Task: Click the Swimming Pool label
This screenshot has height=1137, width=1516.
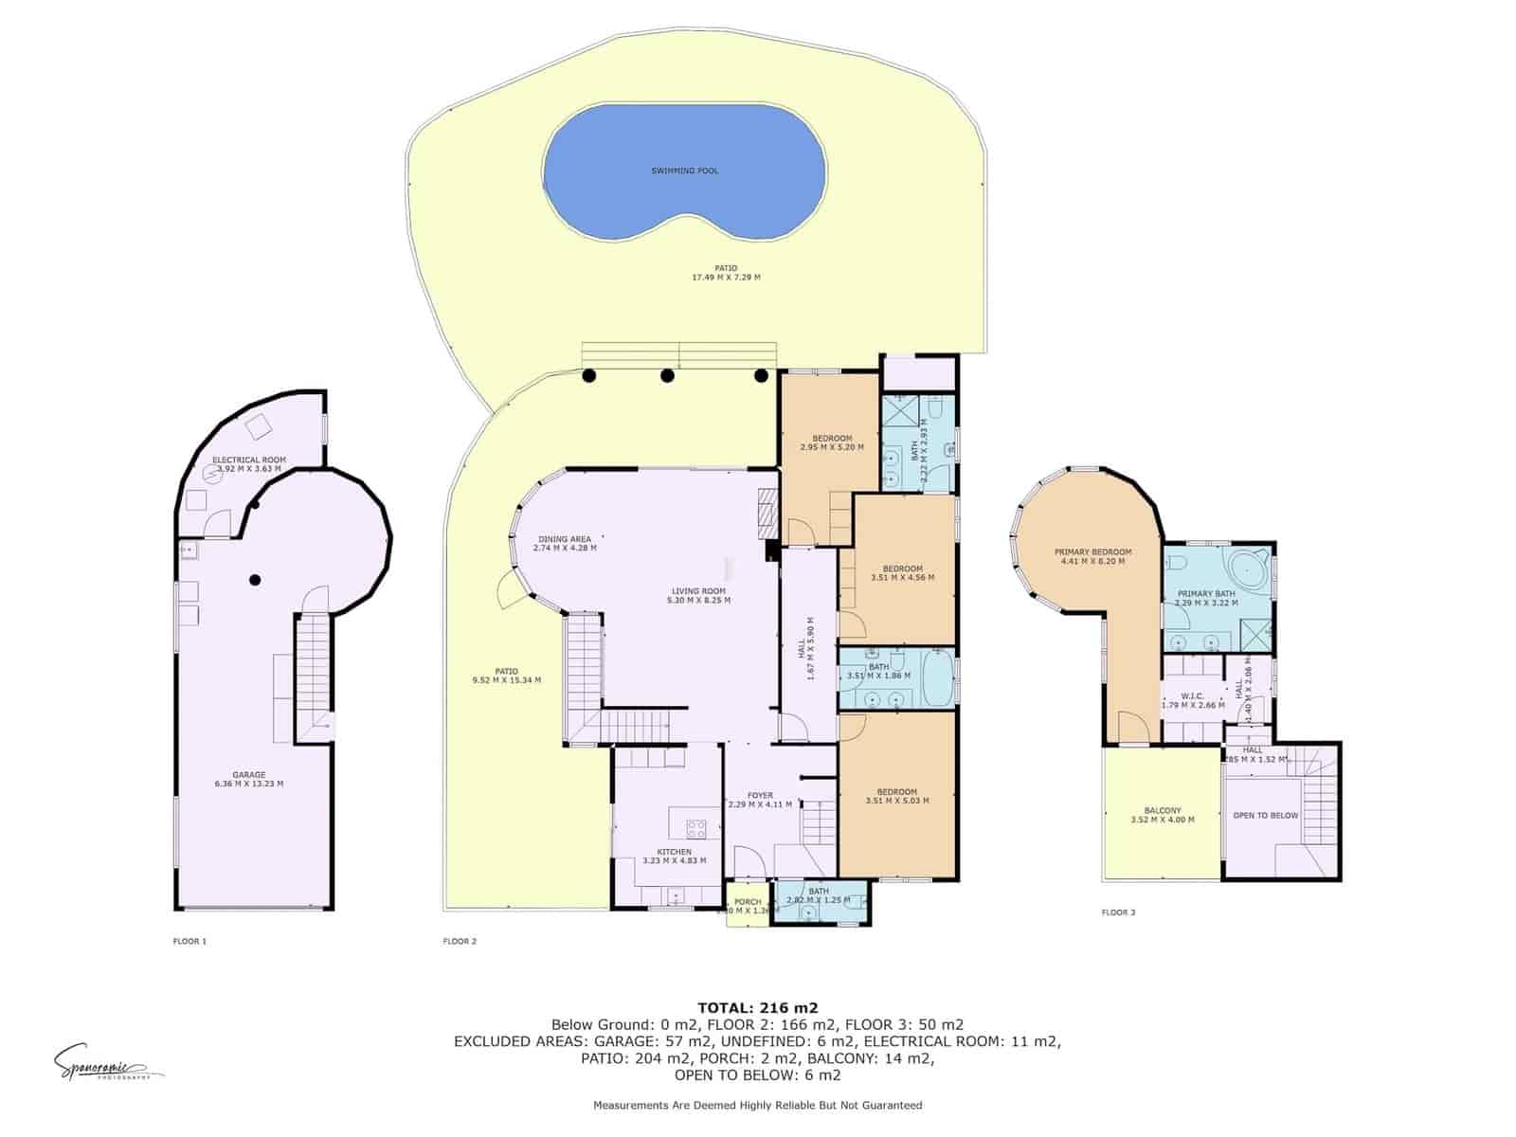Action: click(684, 171)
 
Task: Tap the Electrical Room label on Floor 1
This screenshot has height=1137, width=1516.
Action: click(249, 460)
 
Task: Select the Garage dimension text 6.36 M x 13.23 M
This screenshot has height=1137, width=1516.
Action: click(249, 784)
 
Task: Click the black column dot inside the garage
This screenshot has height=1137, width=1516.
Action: click(255, 580)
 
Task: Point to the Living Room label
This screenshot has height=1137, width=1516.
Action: click(698, 591)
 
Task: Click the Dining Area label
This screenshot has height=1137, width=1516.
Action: click(564, 539)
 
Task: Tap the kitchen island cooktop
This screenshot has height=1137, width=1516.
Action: click(696, 828)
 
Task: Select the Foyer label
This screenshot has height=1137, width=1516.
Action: click(760, 795)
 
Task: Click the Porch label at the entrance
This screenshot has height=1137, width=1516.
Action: click(748, 902)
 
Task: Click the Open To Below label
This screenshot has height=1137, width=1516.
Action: click(1265, 815)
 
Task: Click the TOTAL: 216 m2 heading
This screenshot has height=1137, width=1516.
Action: click(757, 1007)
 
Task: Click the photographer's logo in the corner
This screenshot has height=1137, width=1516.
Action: click(99, 1064)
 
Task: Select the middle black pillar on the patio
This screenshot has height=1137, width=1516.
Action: click(667, 375)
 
